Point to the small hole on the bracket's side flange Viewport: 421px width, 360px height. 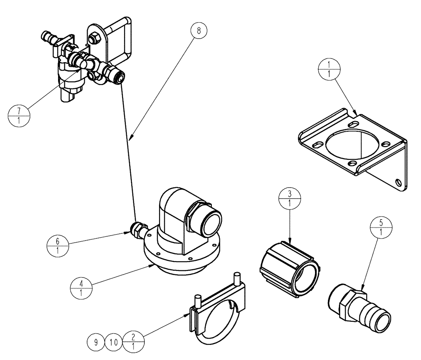[399, 182]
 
